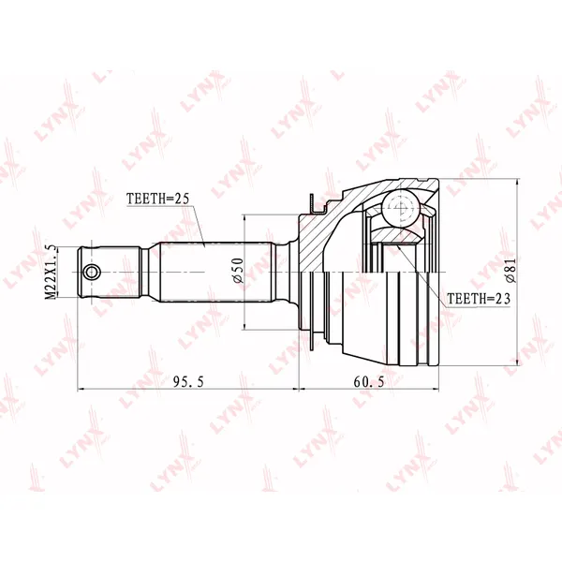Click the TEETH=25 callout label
pos(157,199)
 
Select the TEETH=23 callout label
pos(478,298)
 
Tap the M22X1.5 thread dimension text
pos(51,272)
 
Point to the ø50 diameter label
pos(238,271)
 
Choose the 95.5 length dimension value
pos(188,382)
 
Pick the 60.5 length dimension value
pos(369,382)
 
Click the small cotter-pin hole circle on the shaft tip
pos(92,272)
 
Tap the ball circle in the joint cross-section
pos(399,208)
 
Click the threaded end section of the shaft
pos(109,272)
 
